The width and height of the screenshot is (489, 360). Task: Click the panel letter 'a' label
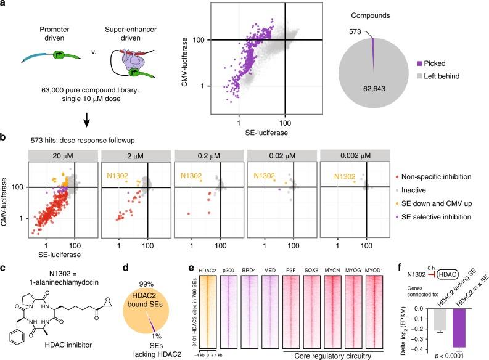(4, 5)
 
